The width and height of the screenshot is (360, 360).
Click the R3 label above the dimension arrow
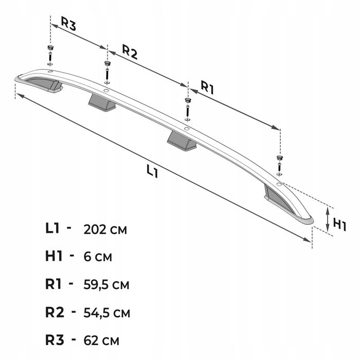click(68, 24)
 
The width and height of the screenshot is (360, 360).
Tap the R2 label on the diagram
click(130, 52)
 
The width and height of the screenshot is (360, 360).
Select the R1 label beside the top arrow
click(208, 87)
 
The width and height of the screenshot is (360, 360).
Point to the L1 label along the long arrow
click(152, 172)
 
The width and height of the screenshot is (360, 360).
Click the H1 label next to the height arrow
click(339, 225)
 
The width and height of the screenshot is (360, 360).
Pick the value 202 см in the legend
click(105, 229)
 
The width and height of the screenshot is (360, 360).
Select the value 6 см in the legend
click(98, 257)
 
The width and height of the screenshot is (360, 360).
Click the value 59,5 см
click(106, 285)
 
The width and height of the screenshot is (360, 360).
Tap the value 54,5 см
click(107, 313)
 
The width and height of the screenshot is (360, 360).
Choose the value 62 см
click(101, 340)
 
